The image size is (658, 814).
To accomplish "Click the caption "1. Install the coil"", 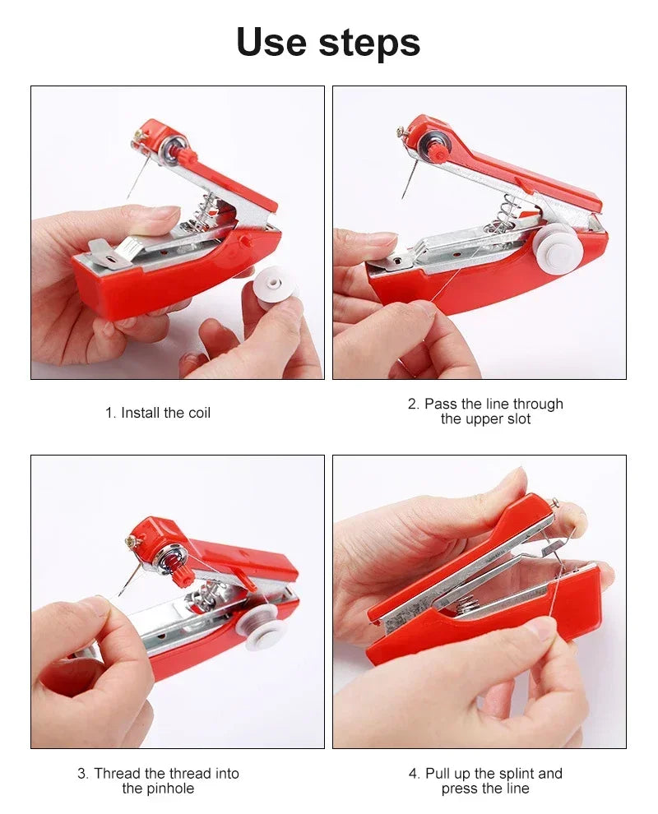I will pyautogui.click(x=158, y=413).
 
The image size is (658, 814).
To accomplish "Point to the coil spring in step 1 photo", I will pyautogui.click(x=203, y=211).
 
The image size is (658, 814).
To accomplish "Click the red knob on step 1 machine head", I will pyautogui.click(x=188, y=154).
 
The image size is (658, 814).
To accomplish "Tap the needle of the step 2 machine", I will pyautogui.click(x=407, y=182).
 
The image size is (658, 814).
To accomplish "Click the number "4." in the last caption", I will pyautogui.click(x=414, y=774).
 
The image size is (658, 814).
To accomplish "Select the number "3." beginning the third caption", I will pyautogui.click(x=83, y=774).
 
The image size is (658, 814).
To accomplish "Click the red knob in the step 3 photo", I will pyautogui.click(x=183, y=575).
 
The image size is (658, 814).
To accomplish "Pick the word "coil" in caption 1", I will pyautogui.click(x=199, y=413).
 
